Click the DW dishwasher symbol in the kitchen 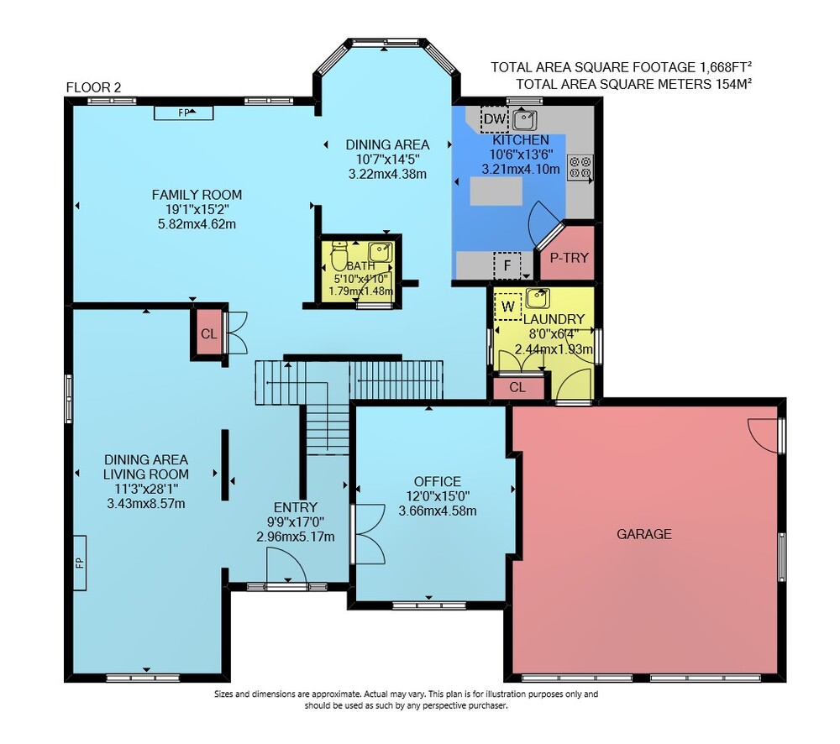click(x=495, y=119)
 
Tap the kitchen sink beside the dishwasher click(x=524, y=120)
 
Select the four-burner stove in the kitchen click(x=580, y=167)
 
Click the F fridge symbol click(x=507, y=265)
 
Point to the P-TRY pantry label click(x=569, y=258)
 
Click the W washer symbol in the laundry click(x=508, y=307)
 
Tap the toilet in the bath click(x=339, y=255)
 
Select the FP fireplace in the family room click(x=184, y=113)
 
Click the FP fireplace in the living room click(x=79, y=563)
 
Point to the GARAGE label click(x=644, y=534)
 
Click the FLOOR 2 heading click(x=94, y=87)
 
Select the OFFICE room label click(x=437, y=481)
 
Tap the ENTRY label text click(x=295, y=507)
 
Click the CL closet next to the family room click(x=209, y=333)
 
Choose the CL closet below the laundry click(x=517, y=387)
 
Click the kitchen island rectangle click(x=496, y=191)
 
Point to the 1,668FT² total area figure click(x=725, y=67)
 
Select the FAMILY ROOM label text click(x=197, y=195)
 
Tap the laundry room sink click(x=538, y=299)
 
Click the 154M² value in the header click(x=733, y=84)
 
